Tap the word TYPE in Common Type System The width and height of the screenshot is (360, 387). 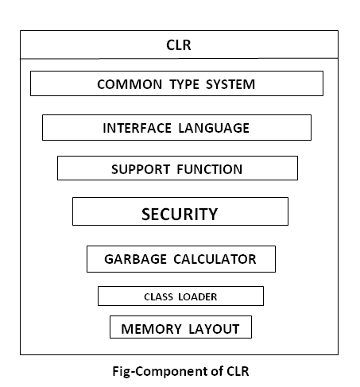(180, 84)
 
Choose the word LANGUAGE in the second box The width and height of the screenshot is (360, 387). (213, 128)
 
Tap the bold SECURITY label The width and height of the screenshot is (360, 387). (179, 214)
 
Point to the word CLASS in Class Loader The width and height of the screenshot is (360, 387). (160, 297)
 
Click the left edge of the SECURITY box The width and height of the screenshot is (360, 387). (73, 211)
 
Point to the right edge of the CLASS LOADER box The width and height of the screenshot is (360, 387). (263, 296)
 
